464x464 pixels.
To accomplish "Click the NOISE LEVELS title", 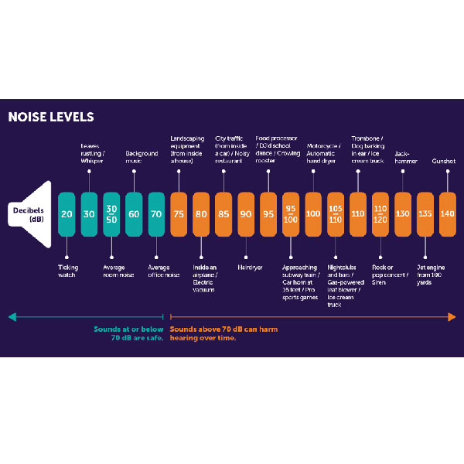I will coord(50,118).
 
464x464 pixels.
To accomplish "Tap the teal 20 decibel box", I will coord(67,213).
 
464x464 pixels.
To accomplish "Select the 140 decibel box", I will coord(447,213).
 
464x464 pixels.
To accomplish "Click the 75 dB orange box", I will coord(179,213).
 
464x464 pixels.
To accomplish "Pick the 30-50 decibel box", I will coord(112,213).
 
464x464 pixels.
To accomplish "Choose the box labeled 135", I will coord(425,213).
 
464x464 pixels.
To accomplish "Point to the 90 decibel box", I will coord(246,213).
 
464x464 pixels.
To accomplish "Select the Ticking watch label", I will coord(68,271).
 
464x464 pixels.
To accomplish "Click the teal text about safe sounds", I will coord(128,333).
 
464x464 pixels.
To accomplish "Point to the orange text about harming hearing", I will coord(224,333).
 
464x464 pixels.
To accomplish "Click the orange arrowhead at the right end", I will coord(452,316).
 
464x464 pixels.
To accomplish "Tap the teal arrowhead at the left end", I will coord(12,316).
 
